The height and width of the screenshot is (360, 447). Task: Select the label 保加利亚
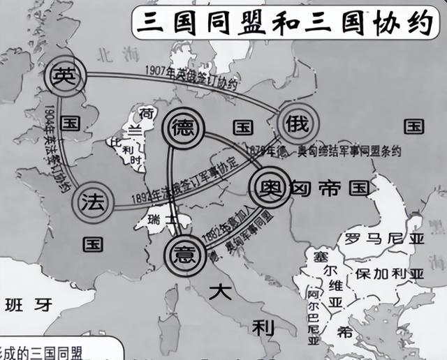click(x=388, y=271)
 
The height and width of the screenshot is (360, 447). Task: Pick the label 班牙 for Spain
click(x=28, y=305)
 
